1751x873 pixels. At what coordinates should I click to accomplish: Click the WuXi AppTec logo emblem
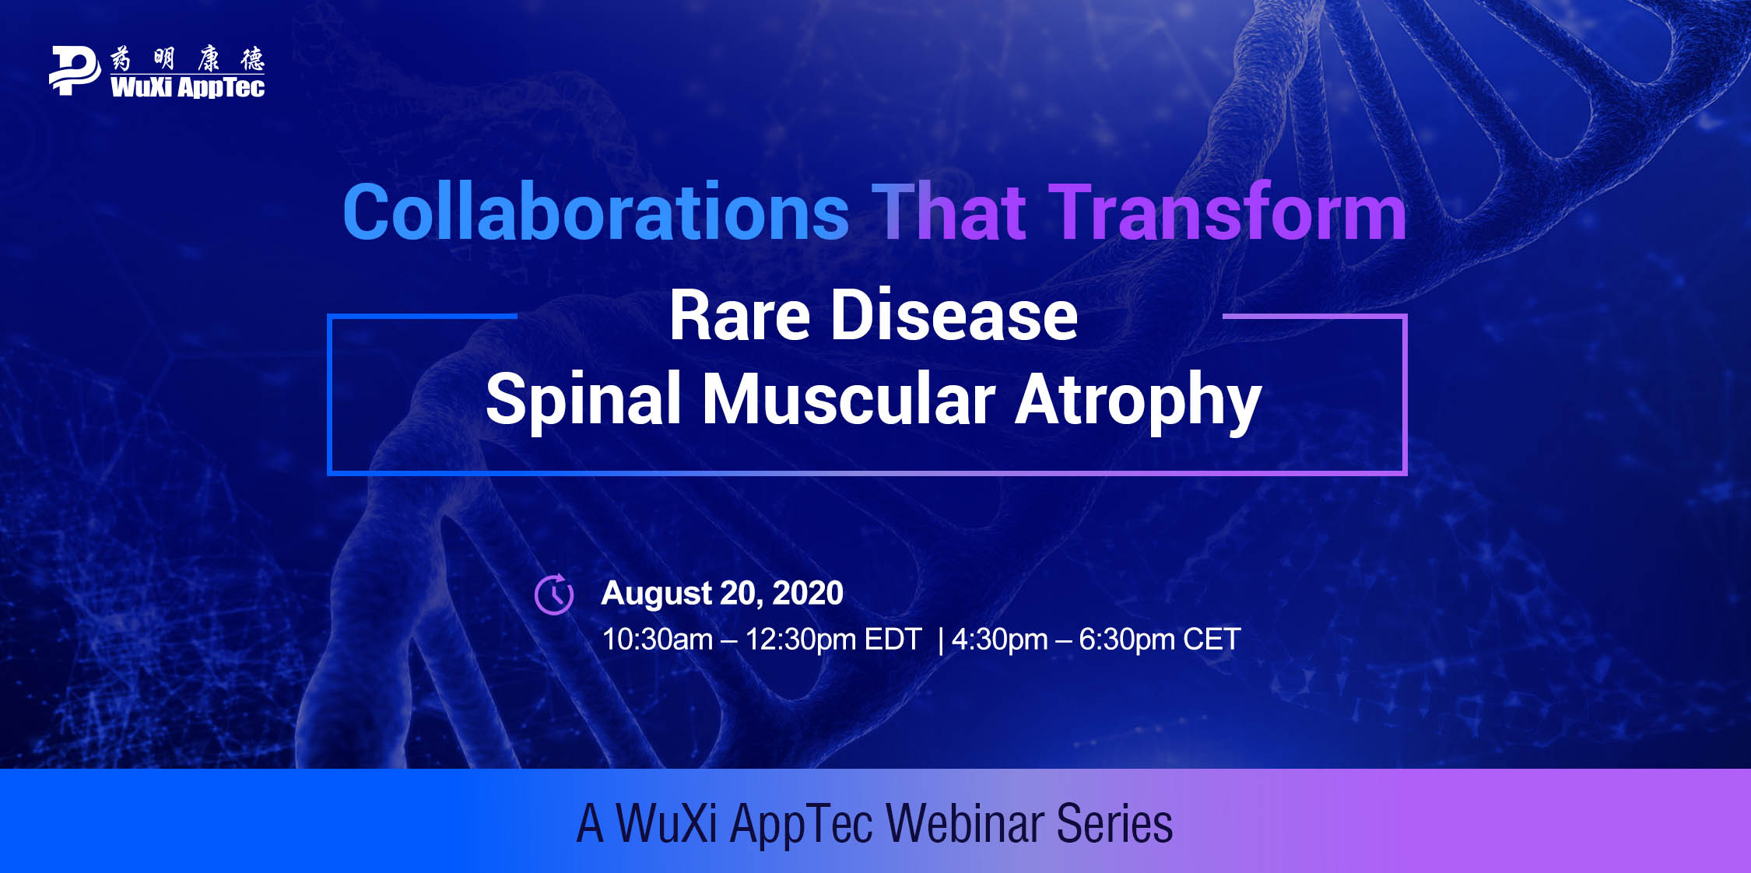[75, 71]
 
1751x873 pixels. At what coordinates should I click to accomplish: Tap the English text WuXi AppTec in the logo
[188, 87]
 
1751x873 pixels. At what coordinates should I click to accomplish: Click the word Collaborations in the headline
[595, 212]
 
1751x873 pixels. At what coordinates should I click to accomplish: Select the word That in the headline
[949, 212]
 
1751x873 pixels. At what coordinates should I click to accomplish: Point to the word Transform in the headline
[1228, 212]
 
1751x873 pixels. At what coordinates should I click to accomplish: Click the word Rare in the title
[740, 316]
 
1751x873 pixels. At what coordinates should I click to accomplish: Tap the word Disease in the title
[954, 316]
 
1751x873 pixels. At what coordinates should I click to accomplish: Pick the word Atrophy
[1139, 401]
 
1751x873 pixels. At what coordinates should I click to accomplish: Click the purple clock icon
[554, 594]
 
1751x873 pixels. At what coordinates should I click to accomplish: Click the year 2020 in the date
[808, 593]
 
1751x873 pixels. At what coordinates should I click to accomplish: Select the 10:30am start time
[658, 640]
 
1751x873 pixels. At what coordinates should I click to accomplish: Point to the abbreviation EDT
[893, 640]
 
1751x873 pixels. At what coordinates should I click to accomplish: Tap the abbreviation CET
[1212, 640]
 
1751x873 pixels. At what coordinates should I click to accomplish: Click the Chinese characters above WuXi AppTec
[188, 58]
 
